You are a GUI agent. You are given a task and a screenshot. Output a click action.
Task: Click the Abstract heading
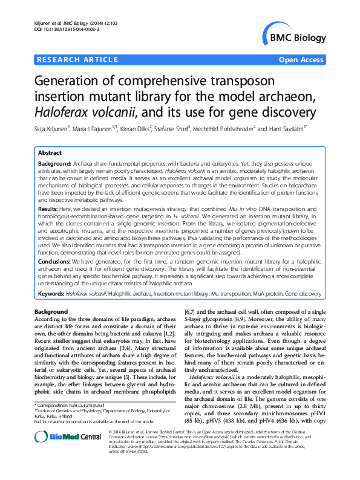pyautogui.click(x=51, y=154)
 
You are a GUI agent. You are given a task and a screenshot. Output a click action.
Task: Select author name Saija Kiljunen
pyautogui.click(x=54, y=128)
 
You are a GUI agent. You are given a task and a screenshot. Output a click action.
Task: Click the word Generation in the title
pyautogui.click(x=67, y=81)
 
